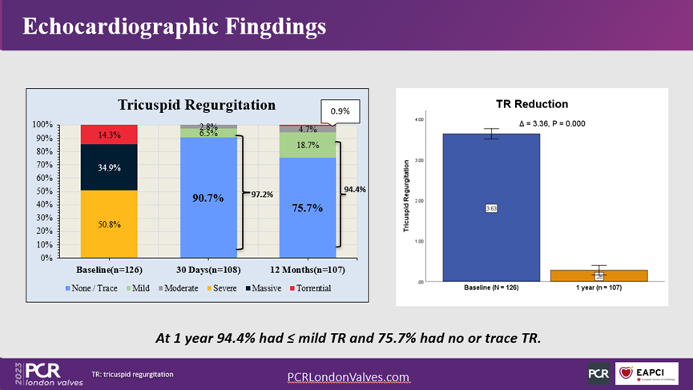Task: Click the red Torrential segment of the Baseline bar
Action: coord(108,135)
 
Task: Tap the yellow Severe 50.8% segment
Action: coord(108,224)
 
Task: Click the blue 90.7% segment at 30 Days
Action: coord(208,196)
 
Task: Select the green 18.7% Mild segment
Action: coord(308,145)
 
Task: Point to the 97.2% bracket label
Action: coord(261,194)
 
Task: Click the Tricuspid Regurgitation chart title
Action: coord(196,105)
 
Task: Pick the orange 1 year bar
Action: coord(598,275)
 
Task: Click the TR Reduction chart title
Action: coord(532,104)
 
